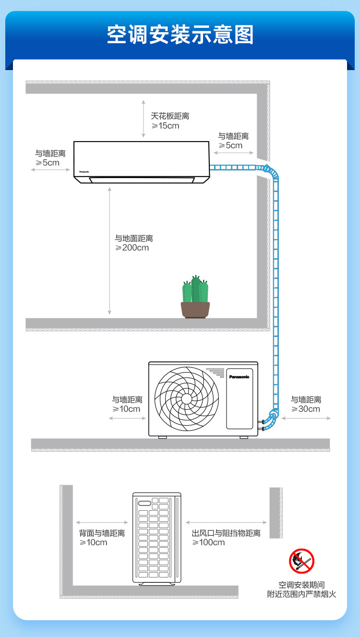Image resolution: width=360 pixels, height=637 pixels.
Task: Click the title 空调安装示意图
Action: (180, 35)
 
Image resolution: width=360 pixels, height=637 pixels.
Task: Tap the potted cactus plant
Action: (195, 297)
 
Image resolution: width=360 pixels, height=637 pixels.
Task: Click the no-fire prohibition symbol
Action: (302, 561)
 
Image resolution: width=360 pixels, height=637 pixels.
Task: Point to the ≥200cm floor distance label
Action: (133, 243)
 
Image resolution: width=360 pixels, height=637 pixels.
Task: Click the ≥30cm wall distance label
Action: (306, 404)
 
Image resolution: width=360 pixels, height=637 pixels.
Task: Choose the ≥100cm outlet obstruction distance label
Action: (226, 538)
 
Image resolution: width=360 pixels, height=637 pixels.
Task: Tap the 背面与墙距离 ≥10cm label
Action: (102, 538)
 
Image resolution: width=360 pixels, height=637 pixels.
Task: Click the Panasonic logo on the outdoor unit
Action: (239, 377)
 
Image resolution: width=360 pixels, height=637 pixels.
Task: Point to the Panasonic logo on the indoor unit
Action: (84, 172)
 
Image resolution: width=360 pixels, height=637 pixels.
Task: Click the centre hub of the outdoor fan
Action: (187, 399)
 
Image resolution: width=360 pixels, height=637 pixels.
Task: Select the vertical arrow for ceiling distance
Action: (144, 119)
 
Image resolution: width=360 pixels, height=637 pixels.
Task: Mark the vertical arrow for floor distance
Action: (109, 251)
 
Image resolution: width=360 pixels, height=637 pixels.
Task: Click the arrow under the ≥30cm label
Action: (306, 418)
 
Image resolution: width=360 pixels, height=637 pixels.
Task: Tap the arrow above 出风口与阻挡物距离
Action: (226, 522)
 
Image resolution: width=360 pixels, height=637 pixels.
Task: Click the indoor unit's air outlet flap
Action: (142, 180)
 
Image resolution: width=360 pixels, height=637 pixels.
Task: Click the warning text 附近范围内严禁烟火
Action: (301, 594)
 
